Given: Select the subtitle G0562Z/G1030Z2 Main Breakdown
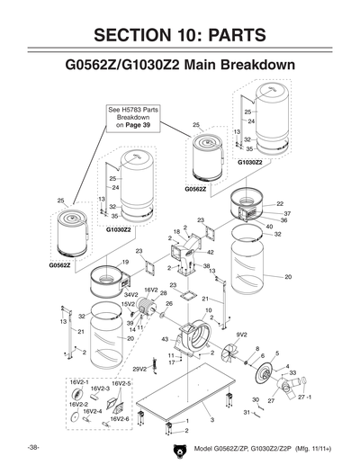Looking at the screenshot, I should (x=180, y=67).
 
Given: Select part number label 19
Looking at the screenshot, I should (x=125, y=262).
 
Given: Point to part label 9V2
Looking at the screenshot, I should (x=241, y=335).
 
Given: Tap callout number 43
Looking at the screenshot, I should (x=165, y=338).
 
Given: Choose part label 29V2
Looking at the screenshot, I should (x=139, y=369).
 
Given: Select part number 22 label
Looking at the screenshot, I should (x=280, y=204).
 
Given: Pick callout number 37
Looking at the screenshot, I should (x=287, y=213).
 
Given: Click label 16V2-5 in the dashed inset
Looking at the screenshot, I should (x=123, y=383).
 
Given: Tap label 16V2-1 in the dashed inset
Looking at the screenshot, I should (x=79, y=383).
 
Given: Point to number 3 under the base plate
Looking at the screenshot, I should (x=211, y=420).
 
